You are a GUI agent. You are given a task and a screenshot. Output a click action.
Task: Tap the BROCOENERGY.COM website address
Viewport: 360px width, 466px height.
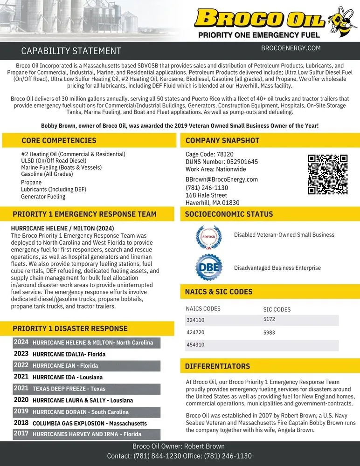coord(291,48)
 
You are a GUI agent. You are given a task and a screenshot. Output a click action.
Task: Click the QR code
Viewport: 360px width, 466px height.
coord(327,174)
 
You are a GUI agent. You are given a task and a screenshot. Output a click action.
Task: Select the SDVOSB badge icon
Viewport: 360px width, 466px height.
coord(208,236)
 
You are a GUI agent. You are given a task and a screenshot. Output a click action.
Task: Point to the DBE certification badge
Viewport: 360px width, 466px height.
coord(208,268)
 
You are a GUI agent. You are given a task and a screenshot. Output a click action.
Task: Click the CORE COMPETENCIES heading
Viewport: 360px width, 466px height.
coord(59,140)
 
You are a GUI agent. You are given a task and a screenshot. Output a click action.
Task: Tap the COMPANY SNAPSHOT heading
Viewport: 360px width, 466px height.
coord(222,140)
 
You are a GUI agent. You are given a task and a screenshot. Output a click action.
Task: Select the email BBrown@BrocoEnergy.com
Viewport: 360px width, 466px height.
coord(222,179)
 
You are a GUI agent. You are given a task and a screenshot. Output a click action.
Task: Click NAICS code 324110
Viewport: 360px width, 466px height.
coord(195,320)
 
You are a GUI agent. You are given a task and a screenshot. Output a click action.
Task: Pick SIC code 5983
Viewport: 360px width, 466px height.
coord(269,333)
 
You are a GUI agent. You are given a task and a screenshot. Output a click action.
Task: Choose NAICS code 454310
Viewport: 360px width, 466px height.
coord(195,345)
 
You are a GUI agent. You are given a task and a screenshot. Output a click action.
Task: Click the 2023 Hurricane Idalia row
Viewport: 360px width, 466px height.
coord(69,354)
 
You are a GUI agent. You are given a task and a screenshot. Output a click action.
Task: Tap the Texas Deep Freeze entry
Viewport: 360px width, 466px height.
coord(69,389)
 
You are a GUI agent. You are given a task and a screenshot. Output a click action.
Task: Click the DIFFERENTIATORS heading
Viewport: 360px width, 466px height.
coord(217,366)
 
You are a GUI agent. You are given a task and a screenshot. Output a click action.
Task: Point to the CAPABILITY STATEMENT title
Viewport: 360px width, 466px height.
coord(71,51)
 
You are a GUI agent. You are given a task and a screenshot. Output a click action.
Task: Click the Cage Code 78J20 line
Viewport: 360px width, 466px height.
coord(209,154)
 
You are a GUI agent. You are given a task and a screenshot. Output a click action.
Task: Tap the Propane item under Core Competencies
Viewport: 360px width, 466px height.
coord(31,182)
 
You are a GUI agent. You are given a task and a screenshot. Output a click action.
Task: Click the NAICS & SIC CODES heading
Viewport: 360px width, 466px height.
coord(219,292)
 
